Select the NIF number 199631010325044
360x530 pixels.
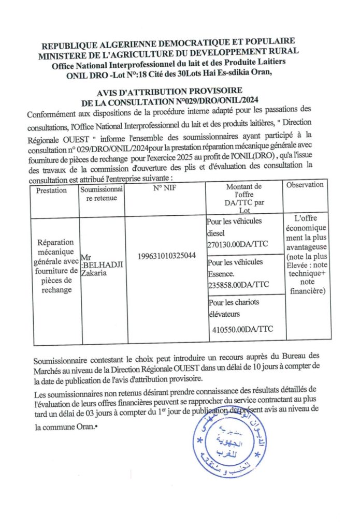click(x=167, y=256)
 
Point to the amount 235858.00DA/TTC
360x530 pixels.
click(x=238, y=285)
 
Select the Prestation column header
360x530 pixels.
click(x=52, y=190)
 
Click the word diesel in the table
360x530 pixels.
click(x=217, y=233)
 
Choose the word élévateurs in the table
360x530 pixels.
click(x=227, y=314)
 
